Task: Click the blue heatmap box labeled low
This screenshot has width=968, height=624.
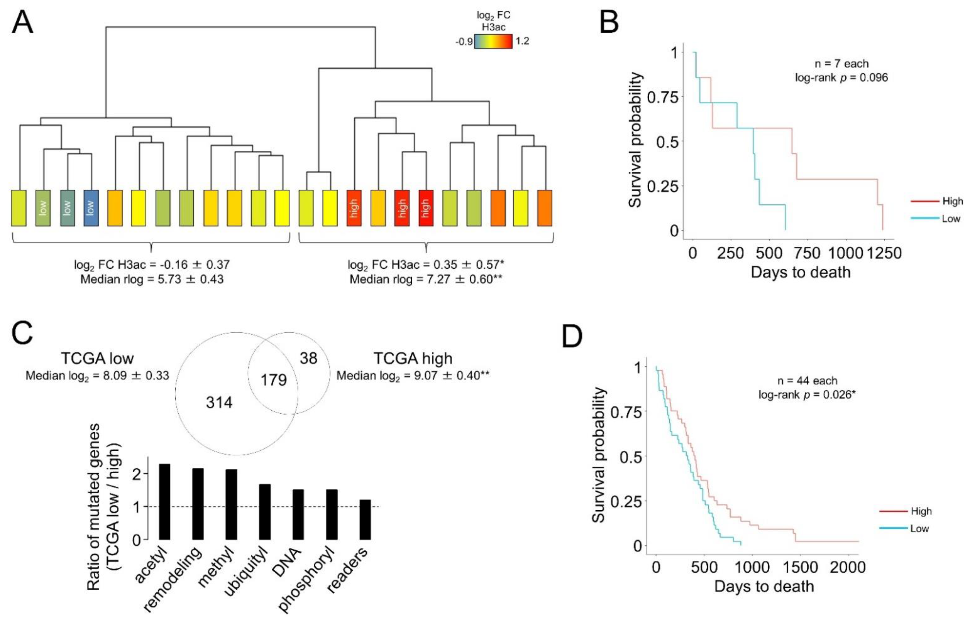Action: pos(91,208)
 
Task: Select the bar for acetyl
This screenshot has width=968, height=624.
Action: pos(165,502)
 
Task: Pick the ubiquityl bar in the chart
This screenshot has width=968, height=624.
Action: pos(265,512)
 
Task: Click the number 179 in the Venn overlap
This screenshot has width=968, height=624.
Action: pos(273,380)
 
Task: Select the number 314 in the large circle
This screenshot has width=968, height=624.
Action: pos(219,402)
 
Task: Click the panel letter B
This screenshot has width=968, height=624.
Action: pos(609,23)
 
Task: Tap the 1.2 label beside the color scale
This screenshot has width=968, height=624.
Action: pos(522,41)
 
